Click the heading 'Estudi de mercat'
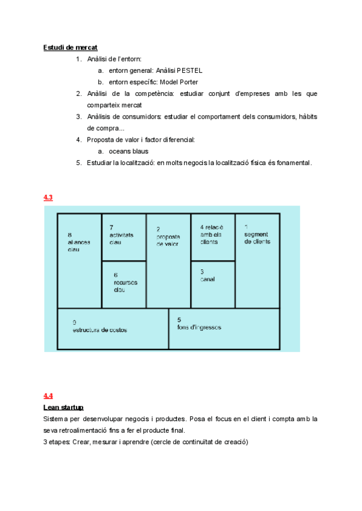(x=70, y=48)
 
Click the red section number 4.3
(x=48, y=197)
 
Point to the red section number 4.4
(x=48, y=396)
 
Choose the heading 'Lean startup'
(x=63, y=407)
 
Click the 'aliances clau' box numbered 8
(x=79, y=260)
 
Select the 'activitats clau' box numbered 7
(x=123, y=237)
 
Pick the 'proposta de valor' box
(x=168, y=260)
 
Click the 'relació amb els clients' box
(x=212, y=237)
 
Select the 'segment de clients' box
(x=257, y=260)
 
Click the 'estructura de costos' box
(x=113, y=328)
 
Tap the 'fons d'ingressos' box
(x=224, y=328)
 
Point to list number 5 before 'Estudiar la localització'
(x=78, y=163)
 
